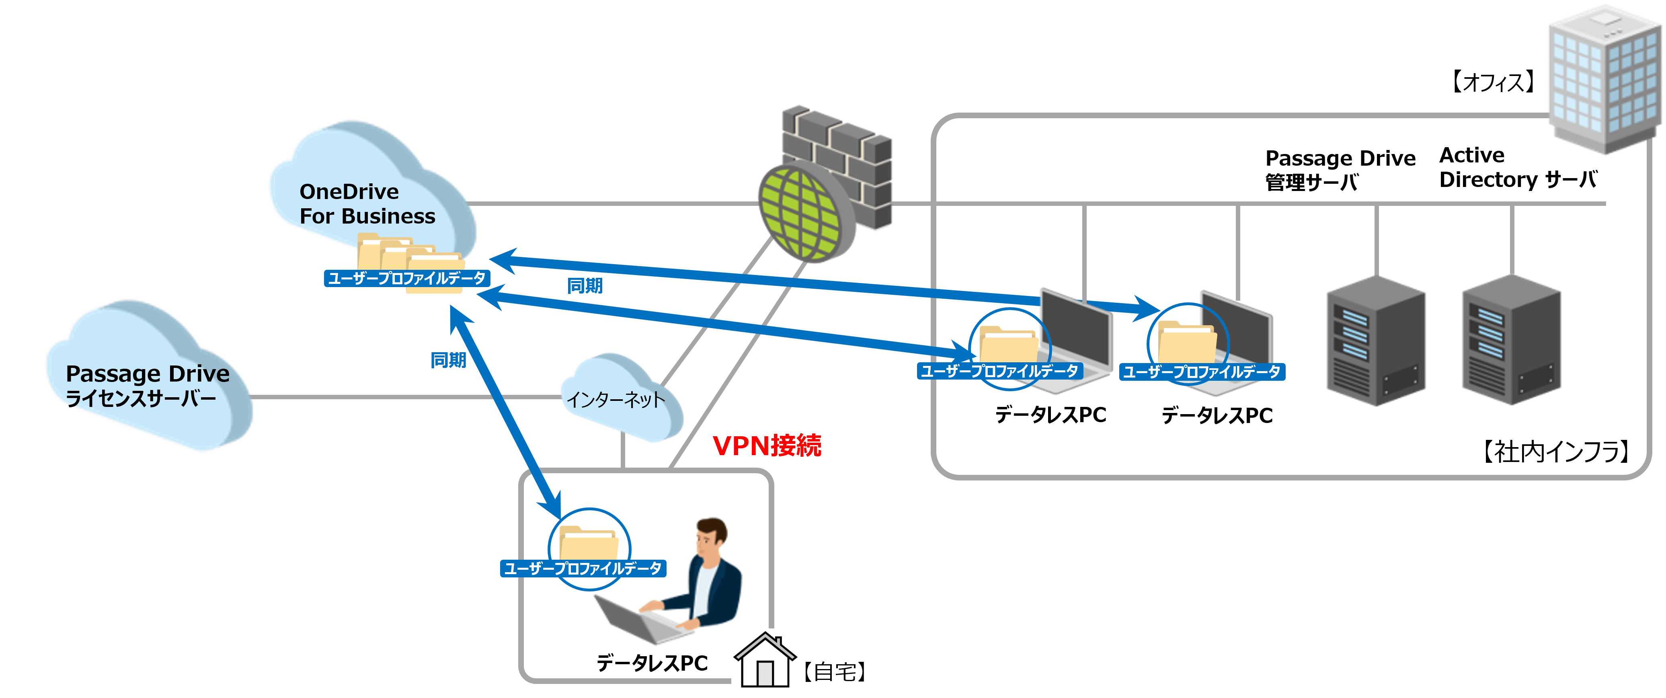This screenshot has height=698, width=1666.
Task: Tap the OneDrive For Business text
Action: pyautogui.click(x=367, y=204)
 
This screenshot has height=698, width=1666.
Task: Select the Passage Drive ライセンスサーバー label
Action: pyautogui.click(x=148, y=386)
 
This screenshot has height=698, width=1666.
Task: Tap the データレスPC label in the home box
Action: pyautogui.click(x=652, y=663)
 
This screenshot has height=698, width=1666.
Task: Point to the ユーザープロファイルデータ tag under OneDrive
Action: pyautogui.click(x=406, y=278)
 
